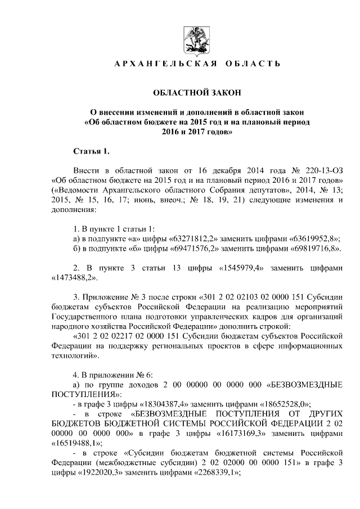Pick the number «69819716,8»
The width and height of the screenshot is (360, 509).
point(316,248)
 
